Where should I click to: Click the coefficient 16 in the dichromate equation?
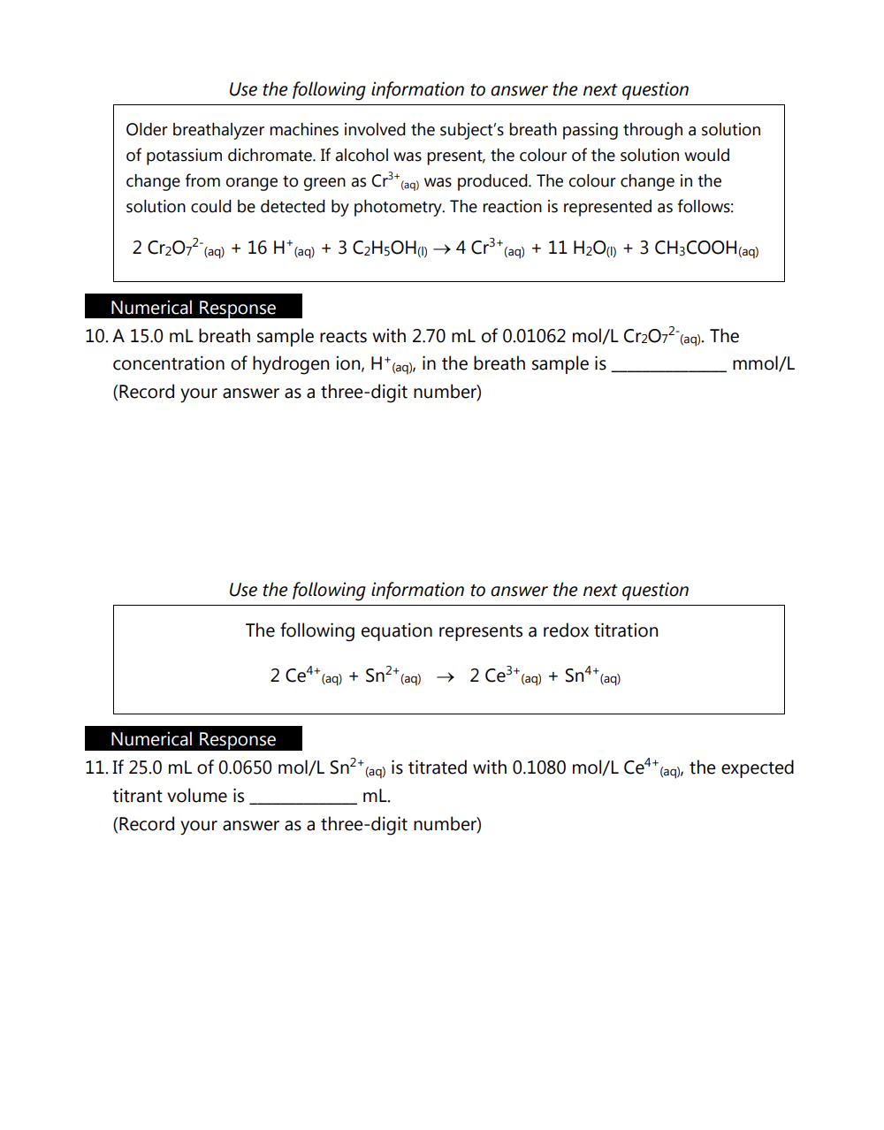pyautogui.click(x=257, y=248)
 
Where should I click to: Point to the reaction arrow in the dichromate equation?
pyautogui.click(x=442, y=249)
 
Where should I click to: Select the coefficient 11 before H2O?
pyautogui.click(x=557, y=248)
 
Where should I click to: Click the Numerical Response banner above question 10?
pyautogui.click(x=194, y=307)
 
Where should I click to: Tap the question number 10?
pyautogui.click(x=95, y=337)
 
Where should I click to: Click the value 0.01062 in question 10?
pyautogui.click(x=534, y=337)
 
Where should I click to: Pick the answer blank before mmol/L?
pyautogui.click(x=669, y=369)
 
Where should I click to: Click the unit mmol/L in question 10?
pyautogui.click(x=763, y=363)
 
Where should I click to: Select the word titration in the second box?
pyautogui.click(x=624, y=630)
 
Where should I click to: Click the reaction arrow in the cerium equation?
pyautogui.click(x=446, y=677)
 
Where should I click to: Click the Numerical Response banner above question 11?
pyautogui.click(x=194, y=738)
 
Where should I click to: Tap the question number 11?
pyautogui.click(x=95, y=768)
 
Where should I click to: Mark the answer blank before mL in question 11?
pyautogui.click(x=303, y=801)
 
